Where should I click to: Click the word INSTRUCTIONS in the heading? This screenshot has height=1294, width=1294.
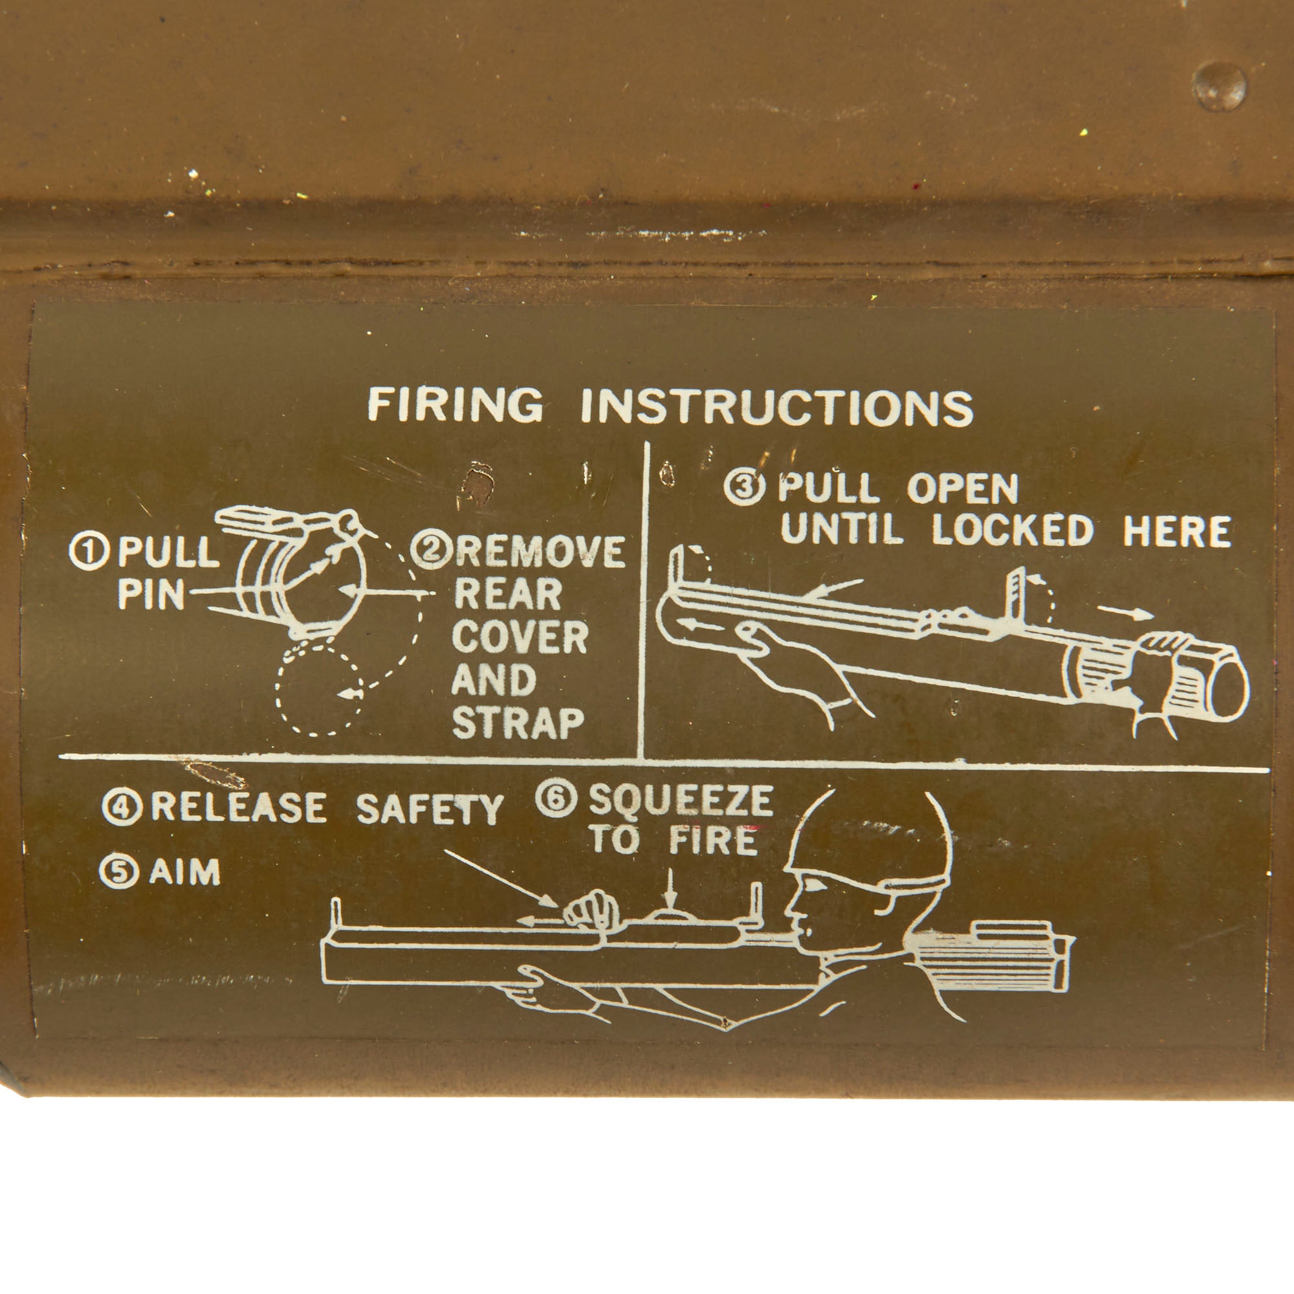click(777, 407)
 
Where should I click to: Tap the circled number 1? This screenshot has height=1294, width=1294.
click(89, 553)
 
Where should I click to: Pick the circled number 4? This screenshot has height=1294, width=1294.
click(121, 808)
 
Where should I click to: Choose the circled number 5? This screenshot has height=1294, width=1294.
click(118, 872)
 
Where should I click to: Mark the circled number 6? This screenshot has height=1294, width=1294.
click(556, 800)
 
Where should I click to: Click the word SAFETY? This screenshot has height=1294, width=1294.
click(430, 809)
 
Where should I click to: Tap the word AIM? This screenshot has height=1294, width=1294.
click(185, 872)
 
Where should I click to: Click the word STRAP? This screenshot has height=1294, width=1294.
click(519, 723)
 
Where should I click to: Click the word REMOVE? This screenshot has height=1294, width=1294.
click(541, 551)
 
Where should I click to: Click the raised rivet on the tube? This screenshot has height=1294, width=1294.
click(1220, 87)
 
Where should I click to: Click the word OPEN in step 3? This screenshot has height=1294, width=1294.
click(963, 489)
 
